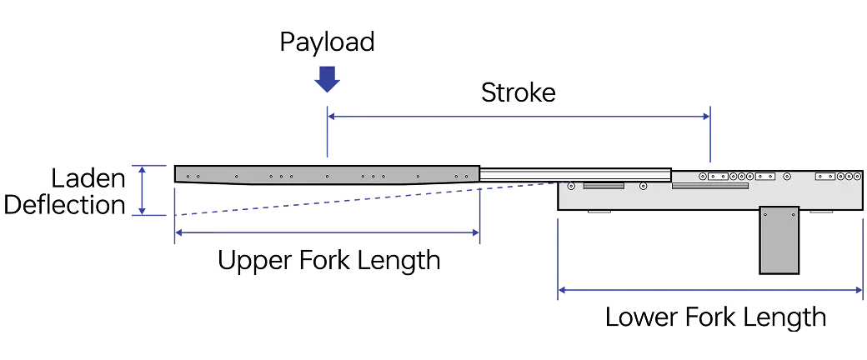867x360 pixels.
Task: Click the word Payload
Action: point(327,42)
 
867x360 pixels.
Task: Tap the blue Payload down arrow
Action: point(328,80)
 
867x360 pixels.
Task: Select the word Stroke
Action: point(518,92)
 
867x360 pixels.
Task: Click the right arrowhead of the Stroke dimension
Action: point(706,116)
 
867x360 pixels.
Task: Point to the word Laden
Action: point(88,178)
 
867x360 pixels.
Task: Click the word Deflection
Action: point(65,205)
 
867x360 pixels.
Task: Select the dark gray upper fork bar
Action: point(328,174)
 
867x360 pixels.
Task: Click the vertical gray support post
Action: point(779,240)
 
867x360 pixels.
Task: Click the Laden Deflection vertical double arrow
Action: point(142,190)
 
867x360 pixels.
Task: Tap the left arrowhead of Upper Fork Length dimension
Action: point(179,233)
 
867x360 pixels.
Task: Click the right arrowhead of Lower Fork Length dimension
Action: point(859,289)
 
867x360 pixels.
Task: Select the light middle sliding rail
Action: point(575,174)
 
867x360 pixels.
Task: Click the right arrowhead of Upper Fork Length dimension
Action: point(475,233)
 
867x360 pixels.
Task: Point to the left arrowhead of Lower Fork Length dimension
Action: point(563,289)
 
